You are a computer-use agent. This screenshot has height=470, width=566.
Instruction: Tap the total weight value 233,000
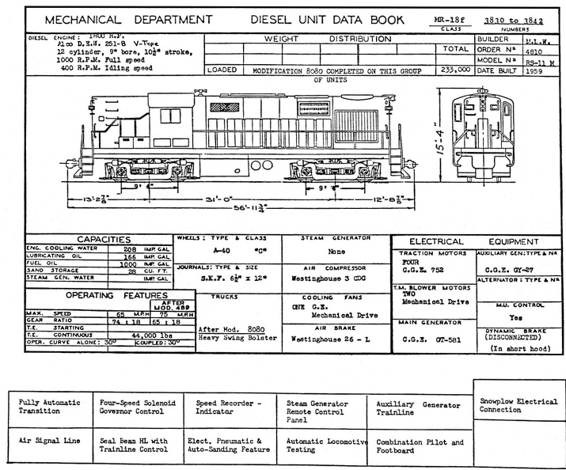click(454, 70)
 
